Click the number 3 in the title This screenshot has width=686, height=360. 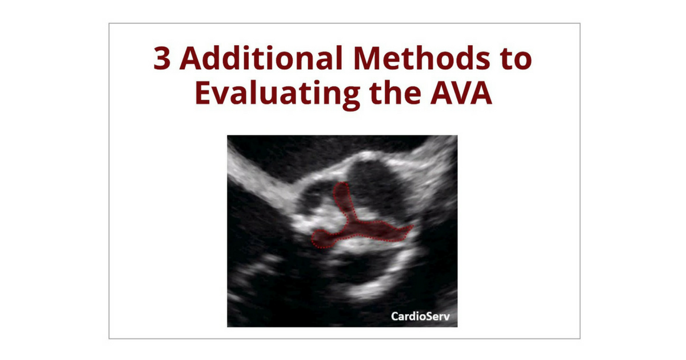[162, 58]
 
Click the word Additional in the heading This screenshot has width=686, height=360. [261, 57]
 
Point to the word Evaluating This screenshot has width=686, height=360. [277, 93]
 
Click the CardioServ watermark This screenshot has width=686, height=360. [421, 316]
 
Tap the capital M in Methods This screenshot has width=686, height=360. [367, 58]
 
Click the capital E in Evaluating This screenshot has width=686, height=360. [203, 93]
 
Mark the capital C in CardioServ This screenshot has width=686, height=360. [396, 316]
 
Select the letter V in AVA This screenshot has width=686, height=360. [461, 93]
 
